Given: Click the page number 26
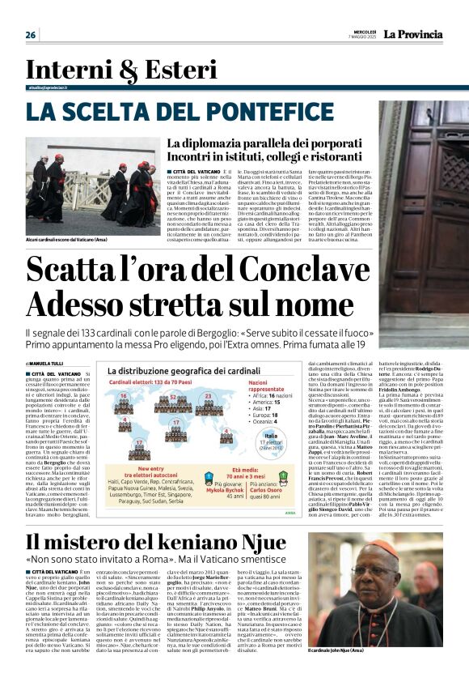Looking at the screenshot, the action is [x=31, y=35].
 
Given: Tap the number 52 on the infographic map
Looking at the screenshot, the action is [x=171, y=396].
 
